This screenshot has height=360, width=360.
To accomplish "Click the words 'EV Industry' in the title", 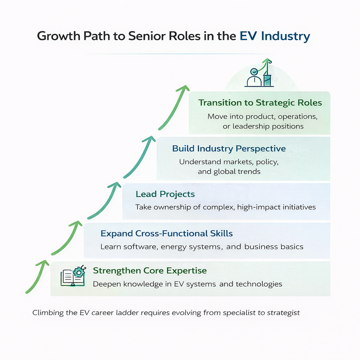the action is pos(275,37).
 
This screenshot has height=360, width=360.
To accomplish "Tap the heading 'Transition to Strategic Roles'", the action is pos(260,103).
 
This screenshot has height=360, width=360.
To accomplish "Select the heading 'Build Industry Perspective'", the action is pos(229,148).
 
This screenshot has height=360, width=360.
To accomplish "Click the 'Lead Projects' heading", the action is pos(165,194).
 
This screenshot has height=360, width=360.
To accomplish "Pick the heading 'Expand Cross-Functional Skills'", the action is pos(167,233).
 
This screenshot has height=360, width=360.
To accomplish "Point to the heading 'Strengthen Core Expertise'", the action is pos(150,271).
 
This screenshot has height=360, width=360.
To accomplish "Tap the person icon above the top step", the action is pos(253,77).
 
